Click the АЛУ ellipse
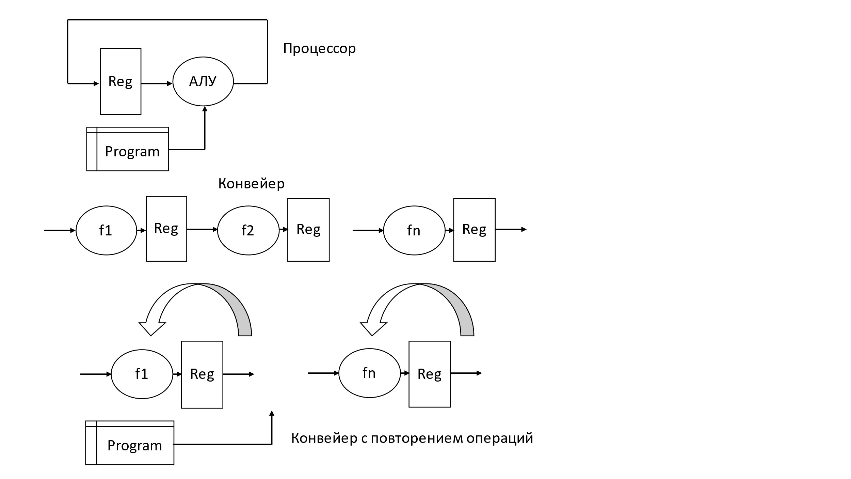pos(203,81)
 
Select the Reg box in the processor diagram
pos(121,81)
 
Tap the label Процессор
pos(319,48)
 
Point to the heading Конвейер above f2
pos(251,184)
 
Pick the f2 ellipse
pos(248,230)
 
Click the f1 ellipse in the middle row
pos(106,230)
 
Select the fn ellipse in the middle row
pos(414,230)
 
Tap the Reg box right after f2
pos(308,230)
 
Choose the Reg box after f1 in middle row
pos(166,229)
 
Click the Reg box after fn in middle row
pos(474,230)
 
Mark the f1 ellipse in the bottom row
pos(142,374)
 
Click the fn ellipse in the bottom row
pos(369,373)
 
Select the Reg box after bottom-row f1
pos(202,374)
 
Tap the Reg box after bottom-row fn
pos(430,374)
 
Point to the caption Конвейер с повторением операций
pos(412,438)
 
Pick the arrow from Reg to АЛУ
pos(157,83)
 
